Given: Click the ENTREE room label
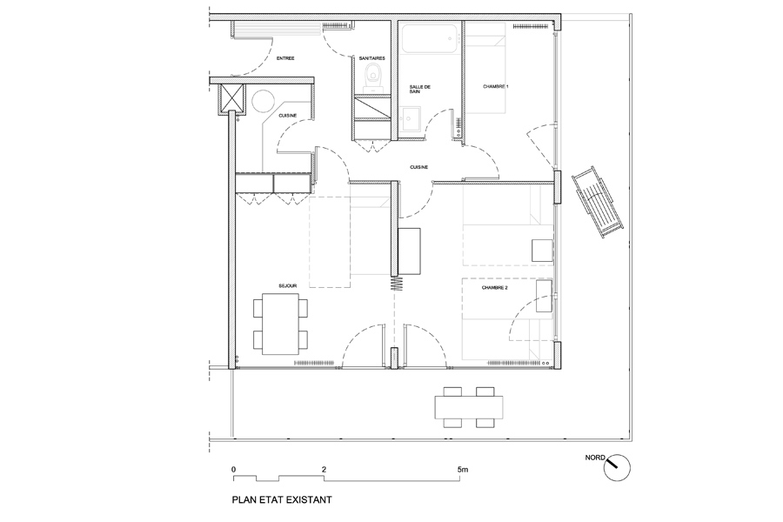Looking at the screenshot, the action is click(285, 58).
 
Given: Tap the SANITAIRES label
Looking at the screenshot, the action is click(372, 58).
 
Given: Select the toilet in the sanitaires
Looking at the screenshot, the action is click(372, 77).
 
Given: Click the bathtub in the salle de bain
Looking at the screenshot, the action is click(430, 38).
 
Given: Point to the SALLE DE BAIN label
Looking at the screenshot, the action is click(419, 90).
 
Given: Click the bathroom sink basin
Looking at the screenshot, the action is click(409, 119).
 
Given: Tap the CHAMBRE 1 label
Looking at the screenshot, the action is click(495, 86).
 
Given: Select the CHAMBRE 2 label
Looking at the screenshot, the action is click(495, 288).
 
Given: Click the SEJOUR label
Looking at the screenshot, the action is click(288, 285).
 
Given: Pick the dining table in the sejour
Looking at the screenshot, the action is click(280, 325).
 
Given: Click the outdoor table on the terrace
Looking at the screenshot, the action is click(469, 408).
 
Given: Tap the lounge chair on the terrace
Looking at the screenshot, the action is click(598, 203).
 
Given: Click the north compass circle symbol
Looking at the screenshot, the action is click(617, 468).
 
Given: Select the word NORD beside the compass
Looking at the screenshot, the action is click(595, 458).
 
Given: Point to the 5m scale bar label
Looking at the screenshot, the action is click(463, 470).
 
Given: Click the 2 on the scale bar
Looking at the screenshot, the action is click(325, 470).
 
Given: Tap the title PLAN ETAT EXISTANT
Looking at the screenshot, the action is click(282, 499).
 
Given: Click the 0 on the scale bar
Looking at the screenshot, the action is click(234, 470).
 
